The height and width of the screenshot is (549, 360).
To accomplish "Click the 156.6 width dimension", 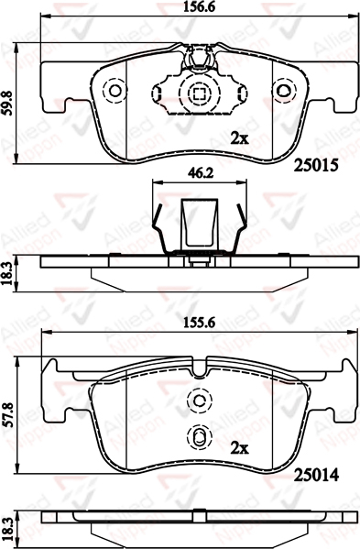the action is pos(200,6).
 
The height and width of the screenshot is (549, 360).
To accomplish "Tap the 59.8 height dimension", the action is pos(7,103).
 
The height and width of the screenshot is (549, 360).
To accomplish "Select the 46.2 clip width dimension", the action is pos(200,172).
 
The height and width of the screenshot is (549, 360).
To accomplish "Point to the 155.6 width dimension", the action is pos(200,322).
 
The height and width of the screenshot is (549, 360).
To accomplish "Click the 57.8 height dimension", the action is pos(7,414).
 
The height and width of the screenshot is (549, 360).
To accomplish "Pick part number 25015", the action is pos(316,165).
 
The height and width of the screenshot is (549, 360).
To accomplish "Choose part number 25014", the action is pos(316,475).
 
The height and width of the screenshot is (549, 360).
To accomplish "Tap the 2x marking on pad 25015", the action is pos(239,139).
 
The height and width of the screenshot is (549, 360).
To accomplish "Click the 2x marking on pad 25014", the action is pos(239,448).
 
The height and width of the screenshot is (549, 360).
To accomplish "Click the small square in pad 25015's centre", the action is pos(200,93).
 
